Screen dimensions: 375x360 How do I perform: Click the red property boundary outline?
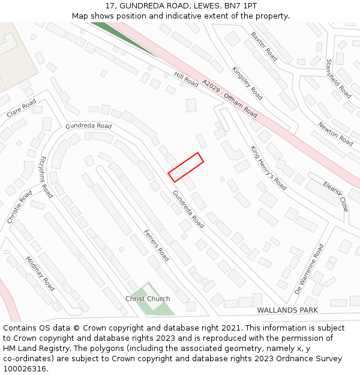pyautogui.click(x=186, y=167)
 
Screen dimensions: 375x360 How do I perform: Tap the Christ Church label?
pyautogui.click(x=148, y=298)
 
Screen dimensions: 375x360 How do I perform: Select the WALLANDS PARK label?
pyautogui.click(x=287, y=310)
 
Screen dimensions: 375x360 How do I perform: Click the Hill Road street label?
pyautogui.click(x=186, y=79)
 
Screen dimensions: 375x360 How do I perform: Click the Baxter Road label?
pyautogui.click(x=264, y=46)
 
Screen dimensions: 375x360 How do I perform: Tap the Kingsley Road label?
pyautogui.click(x=247, y=83)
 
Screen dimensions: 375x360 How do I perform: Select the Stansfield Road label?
pyautogui.click(x=338, y=78)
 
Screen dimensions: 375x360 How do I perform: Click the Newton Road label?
pyautogui.click(x=335, y=133)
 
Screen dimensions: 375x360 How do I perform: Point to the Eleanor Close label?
pyautogui.click(x=335, y=196)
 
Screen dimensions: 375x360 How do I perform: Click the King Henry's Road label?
pyautogui.click(x=268, y=167)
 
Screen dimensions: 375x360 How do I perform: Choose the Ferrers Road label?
pyautogui.click(x=156, y=245)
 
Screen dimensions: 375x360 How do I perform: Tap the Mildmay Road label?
pyautogui.click(x=40, y=274)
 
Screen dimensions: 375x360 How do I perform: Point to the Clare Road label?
pyautogui.click(x=22, y=109)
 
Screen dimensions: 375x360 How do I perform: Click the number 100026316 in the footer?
pyautogui.click(x=25, y=368)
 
